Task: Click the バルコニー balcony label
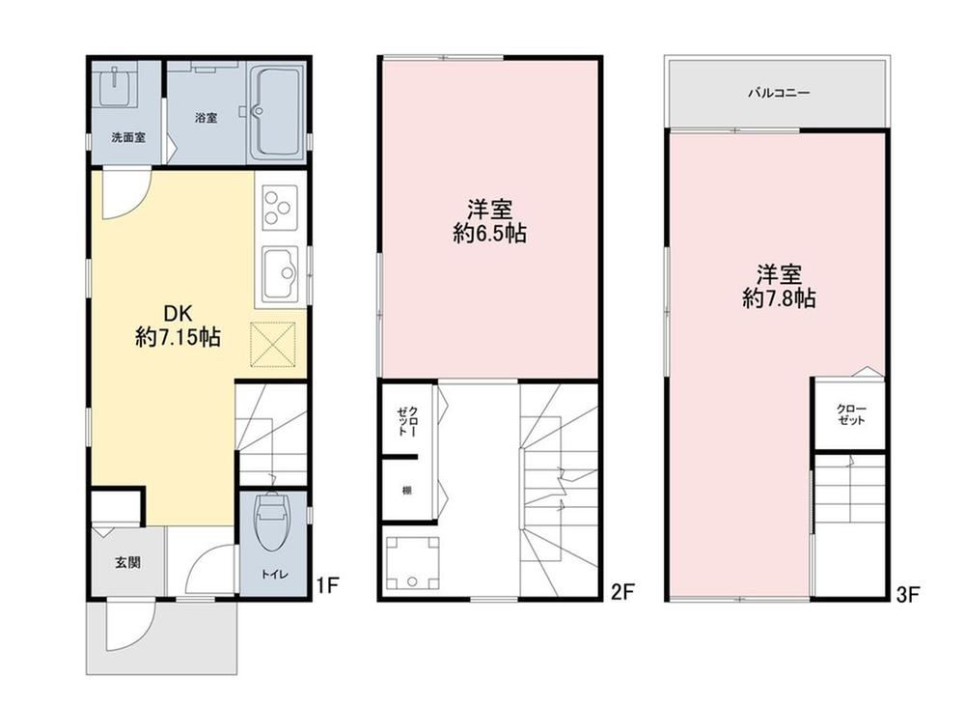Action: pyautogui.click(x=779, y=94)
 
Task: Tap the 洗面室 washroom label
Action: pyautogui.click(x=128, y=137)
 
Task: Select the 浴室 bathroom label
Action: pyautogui.click(x=206, y=117)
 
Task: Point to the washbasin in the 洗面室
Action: pyautogui.click(x=117, y=85)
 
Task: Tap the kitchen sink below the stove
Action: pyautogui.click(x=280, y=274)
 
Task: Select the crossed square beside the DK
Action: pyautogui.click(x=273, y=344)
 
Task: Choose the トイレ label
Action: pyautogui.click(x=273, y=575)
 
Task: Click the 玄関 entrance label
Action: pyautogui.click(x=128, y=562)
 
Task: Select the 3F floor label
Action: pyautogui.click(x=907, y=595)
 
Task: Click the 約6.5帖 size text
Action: pyautogui.click(x=490, y=234)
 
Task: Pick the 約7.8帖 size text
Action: pyautogui.click(x=779, y=298)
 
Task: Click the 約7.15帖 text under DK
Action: pyautogui.click(x=179, y=338)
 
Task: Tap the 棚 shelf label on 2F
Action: pyautogui.click(x=407, y=491)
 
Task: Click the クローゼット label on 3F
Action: pyautogui.click(x=852, y=414)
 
